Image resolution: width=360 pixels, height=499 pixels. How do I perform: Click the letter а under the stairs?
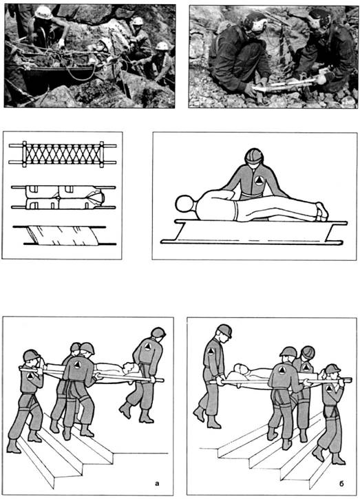[157, 484]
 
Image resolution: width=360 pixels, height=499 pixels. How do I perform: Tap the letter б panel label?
[341, 483]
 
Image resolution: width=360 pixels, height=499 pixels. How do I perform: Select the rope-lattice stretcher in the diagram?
[63, 154]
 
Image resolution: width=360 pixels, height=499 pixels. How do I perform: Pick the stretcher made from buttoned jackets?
[63, 198]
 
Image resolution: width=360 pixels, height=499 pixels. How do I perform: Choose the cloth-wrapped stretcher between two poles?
[64, 236]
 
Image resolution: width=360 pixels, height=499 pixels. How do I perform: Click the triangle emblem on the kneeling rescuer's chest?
[260, 181]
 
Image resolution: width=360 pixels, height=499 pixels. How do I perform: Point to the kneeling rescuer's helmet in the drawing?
[254, 156]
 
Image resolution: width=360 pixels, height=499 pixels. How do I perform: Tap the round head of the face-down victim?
[184, 204]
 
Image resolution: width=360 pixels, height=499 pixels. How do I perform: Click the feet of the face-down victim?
[321, 211]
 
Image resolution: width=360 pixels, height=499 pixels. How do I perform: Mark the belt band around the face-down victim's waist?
[235, 211]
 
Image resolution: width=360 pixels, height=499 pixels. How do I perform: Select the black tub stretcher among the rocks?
[52, 80]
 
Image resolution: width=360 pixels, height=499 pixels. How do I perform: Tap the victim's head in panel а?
[131, 368]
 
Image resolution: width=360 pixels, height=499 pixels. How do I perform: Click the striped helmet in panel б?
[308, 352]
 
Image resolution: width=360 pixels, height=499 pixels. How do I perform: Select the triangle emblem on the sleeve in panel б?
[211, 350]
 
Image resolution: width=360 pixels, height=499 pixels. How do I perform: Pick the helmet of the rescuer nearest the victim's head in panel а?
[158, 333]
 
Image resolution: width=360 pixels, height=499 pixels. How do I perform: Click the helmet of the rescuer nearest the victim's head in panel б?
[224, 330]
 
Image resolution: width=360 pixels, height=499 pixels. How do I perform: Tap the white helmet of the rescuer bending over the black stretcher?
[43, 12]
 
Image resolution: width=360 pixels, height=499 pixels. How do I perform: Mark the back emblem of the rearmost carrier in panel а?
[147, 346]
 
